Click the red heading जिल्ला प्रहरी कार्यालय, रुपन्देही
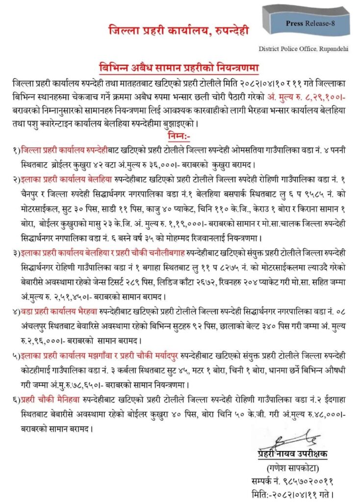pos(179,31)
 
